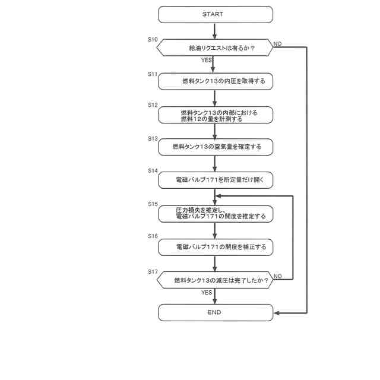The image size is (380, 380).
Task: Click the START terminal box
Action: click(x=215, y=14)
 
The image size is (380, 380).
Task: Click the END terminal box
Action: click(x=215, y=312)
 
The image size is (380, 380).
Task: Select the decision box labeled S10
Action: click(x=215, y=47)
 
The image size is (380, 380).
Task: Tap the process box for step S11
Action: click(x=215, y=81)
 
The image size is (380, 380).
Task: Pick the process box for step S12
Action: click(x=215, y=115)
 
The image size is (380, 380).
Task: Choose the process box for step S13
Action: click(x=215, y=146)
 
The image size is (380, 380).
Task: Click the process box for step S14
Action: click(x=215, y=179)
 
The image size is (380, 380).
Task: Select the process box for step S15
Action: click(x=215, y=213)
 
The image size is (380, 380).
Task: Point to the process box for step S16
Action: click(x=215, y=246)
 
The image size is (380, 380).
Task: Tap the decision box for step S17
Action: click(x=215, y=279)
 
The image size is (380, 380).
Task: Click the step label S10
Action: click(x=153, y=40)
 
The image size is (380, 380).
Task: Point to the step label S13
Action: click(x=153, y=138)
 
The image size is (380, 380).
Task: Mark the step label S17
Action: click(x=153, y=271)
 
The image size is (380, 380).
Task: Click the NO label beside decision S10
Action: click(x=277, y=43)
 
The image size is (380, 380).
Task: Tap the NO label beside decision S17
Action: click(x=277, y=276)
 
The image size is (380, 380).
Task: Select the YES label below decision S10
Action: click(x=206, y=60)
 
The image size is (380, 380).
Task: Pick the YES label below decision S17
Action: click(x=206, y=292)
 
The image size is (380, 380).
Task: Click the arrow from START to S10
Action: click(x=215, y=31)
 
